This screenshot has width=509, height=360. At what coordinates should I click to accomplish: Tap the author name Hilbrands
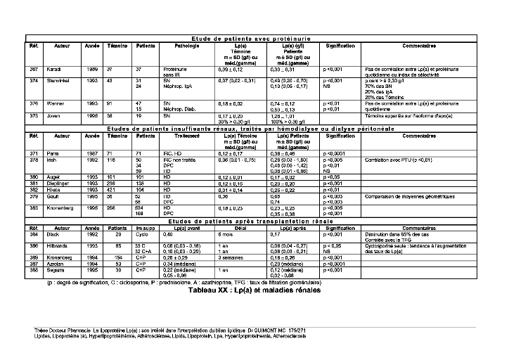(x=58, y=245)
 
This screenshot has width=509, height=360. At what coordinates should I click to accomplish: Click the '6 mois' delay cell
(x=226, y=233)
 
